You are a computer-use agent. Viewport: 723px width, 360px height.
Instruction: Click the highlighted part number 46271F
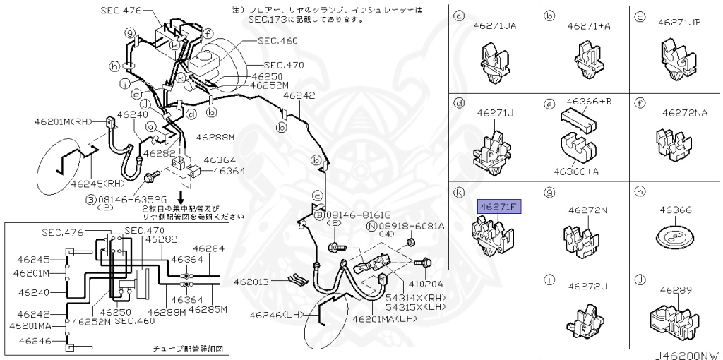click(x=498, y=207)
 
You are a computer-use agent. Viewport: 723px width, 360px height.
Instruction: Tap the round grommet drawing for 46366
click(x=671, y=237)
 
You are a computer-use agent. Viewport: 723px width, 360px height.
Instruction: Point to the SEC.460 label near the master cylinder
click(x=277, y=41)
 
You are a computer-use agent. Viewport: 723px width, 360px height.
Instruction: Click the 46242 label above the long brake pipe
click(x=299, y=96)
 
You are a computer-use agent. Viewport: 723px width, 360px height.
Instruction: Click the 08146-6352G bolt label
click(x=126, y=200)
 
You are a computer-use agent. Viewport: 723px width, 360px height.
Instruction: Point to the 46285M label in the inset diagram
click(x=210, y=308)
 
